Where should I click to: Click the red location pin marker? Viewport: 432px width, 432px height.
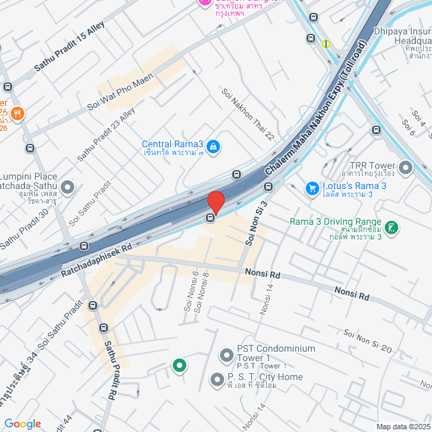tap(215, 202)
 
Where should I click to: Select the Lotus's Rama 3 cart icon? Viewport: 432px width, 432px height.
tap(312, 188)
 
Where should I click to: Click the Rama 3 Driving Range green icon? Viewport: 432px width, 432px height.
tap(393, 225)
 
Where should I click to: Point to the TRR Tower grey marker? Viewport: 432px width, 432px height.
tap(405, 167)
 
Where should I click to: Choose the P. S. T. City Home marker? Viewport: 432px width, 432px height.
tap(217, 380)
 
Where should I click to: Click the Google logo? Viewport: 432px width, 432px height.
tap(22, 423)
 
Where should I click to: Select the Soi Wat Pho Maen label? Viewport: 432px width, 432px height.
tap(121, 91)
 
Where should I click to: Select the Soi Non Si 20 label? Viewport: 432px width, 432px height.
tap(368, 340)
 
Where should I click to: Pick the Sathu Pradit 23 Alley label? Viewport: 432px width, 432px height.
tap(105, 134)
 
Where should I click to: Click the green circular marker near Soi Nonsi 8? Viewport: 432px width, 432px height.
tap(179, 367)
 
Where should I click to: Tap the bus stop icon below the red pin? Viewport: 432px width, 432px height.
tap(211, 217)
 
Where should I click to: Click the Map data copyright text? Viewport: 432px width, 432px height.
tap(403, 426)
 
